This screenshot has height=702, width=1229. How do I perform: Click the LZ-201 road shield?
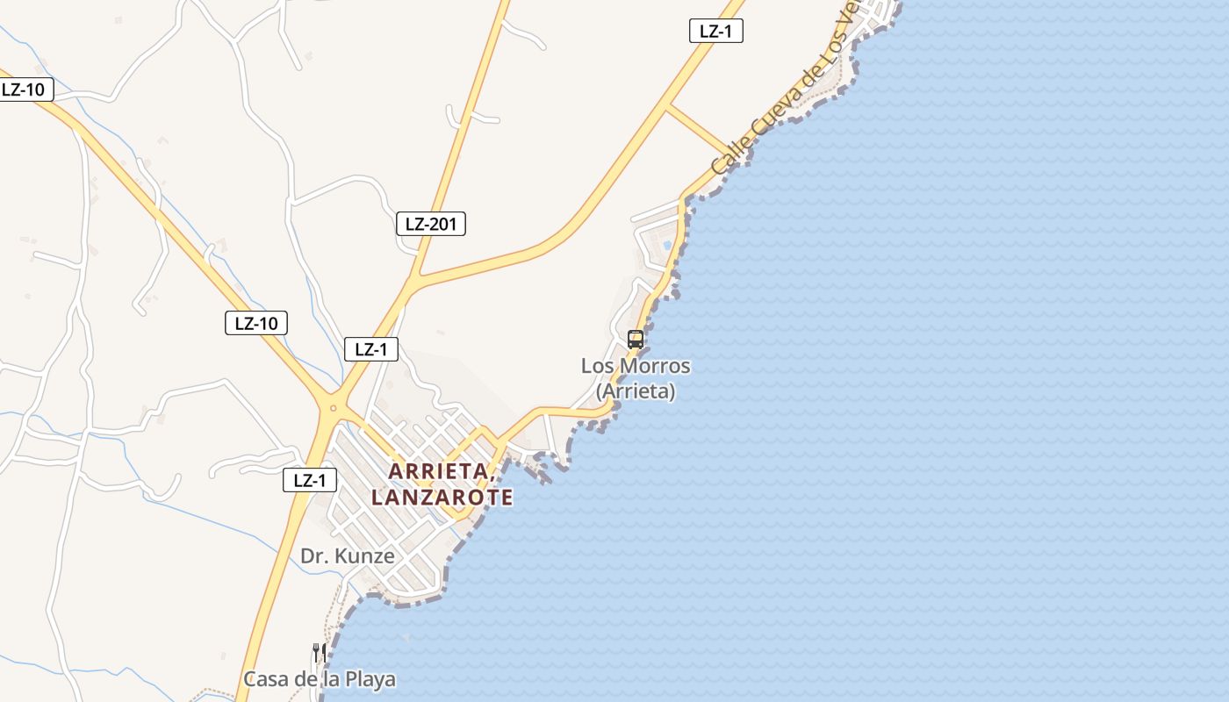coord(430,224)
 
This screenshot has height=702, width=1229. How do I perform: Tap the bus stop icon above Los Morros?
coord(636,339)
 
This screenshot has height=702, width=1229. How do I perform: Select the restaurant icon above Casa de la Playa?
coord(320,652)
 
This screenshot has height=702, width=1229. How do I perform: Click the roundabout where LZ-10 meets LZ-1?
coord(333,407)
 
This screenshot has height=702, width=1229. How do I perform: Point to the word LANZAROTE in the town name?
coord(442,498)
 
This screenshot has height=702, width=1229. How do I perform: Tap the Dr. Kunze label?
coord(347,555)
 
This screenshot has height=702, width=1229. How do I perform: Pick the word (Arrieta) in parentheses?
coord(636,391)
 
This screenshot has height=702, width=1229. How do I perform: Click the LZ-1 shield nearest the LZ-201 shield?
coord(370,349)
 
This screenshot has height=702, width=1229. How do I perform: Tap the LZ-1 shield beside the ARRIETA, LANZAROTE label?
coord(310,480)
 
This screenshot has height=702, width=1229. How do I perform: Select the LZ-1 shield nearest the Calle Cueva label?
coord(716,31)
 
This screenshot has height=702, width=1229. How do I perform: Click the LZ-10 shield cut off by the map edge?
coord(25,89)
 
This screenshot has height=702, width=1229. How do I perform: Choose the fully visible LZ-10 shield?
coord(256,323)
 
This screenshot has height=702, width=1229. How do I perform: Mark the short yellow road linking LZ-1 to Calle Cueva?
coord(699,131)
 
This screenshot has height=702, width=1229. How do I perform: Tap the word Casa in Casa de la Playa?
coord(263,679)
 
